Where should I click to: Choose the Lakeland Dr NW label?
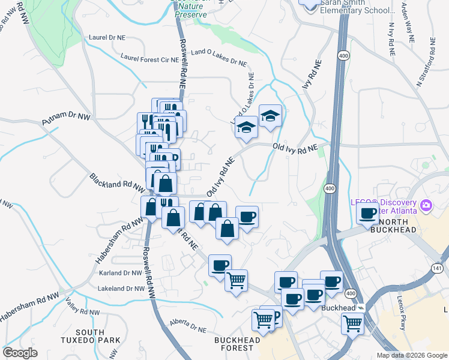coord(121,289)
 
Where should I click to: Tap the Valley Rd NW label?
coord(82,311)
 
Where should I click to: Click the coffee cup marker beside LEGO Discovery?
coord(367,212)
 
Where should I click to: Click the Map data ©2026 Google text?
coord(411,355)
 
